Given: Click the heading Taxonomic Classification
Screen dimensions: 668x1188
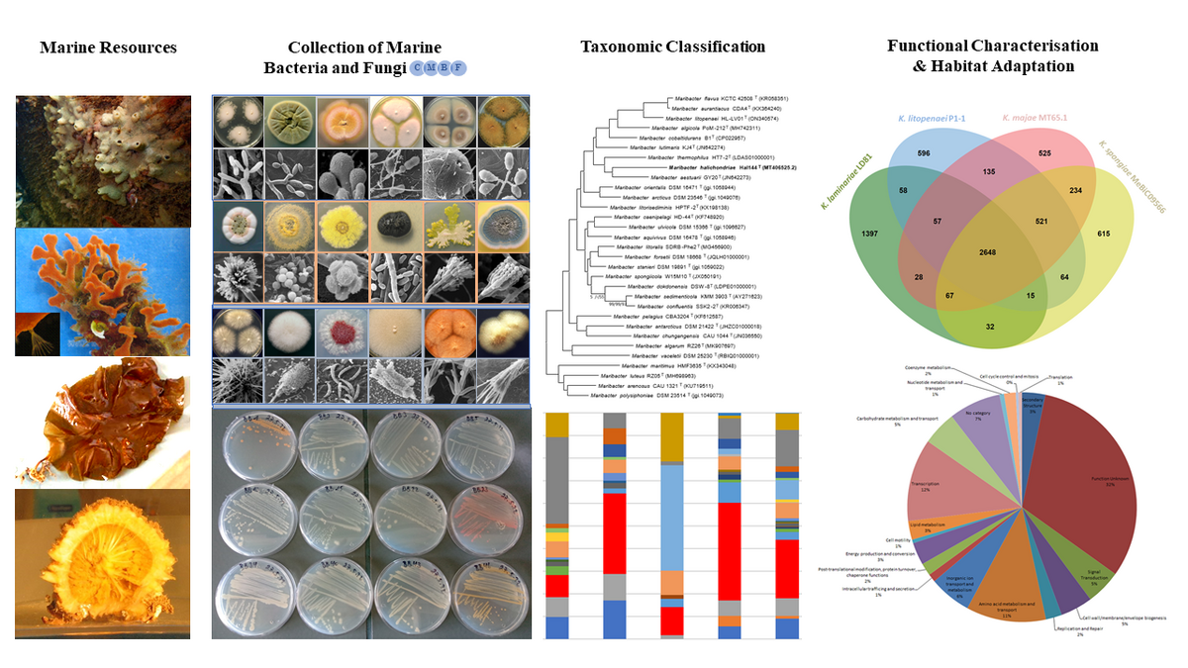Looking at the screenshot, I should click(x=672, y=47).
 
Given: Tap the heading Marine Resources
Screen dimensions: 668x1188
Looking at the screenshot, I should click(x=108, y=47).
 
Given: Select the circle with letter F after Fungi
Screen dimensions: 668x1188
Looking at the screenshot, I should click(x=458, y=67).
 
